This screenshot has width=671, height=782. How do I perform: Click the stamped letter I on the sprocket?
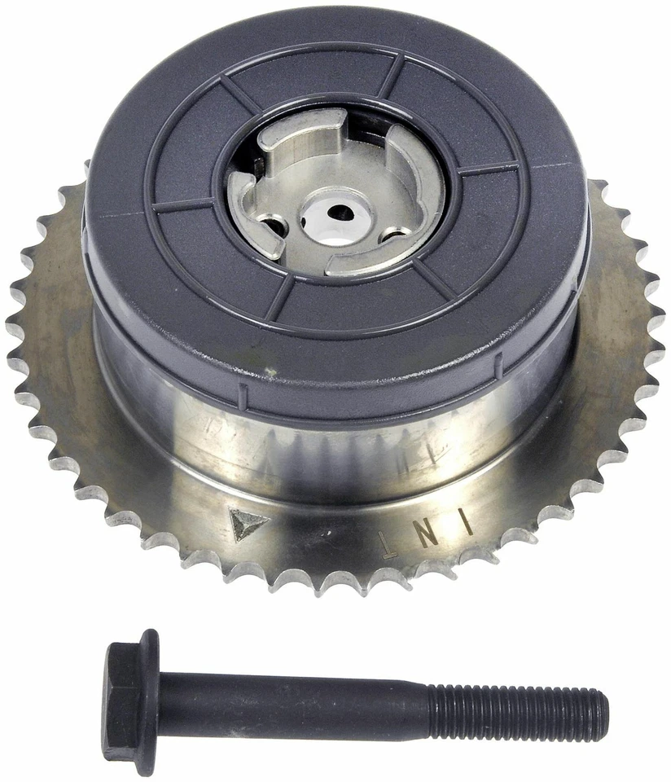click(x=467, y=522)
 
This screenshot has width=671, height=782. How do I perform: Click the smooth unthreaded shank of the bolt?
click(x=293, y=702)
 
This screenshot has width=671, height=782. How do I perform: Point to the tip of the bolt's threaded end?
click(x=604, y=716)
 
